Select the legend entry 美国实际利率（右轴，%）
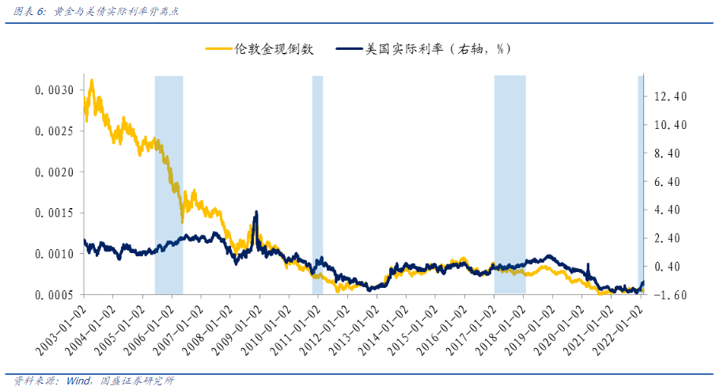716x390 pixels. point(437,49)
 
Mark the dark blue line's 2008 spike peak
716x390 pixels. point(256,212)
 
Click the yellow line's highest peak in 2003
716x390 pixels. point(93,80)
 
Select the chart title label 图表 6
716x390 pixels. point(30,12)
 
